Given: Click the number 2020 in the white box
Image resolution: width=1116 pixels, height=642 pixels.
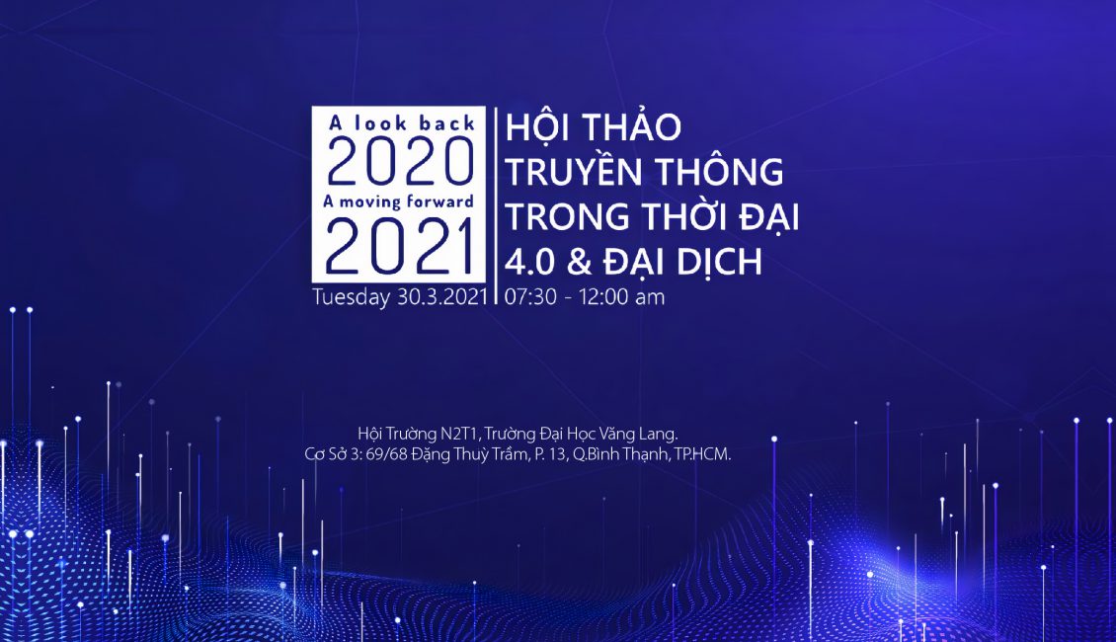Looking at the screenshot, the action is [x=400, y=162].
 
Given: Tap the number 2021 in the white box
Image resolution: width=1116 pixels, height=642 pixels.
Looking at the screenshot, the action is [x=400, y=247].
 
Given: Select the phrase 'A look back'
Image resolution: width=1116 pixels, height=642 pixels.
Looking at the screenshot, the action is [x=401, y=123].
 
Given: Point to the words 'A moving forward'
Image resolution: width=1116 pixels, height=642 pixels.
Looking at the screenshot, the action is [x=398, y=201].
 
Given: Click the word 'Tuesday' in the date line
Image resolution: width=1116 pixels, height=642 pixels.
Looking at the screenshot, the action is [x=351, y=296].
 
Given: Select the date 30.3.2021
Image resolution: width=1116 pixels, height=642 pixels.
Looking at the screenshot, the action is [x=442, y=296].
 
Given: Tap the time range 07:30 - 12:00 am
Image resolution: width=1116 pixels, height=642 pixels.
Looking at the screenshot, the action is [x=585, y=296].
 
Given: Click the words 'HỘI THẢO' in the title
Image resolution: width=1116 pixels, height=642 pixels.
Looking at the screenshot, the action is [x=593, y=125].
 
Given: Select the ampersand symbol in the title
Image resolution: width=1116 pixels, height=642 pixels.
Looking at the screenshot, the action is [x=579, y=262].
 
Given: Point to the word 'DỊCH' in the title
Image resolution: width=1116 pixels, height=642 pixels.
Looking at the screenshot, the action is [x=719, y=262].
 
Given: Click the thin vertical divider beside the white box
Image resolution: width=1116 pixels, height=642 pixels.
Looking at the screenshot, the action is [x=496, y=206].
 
